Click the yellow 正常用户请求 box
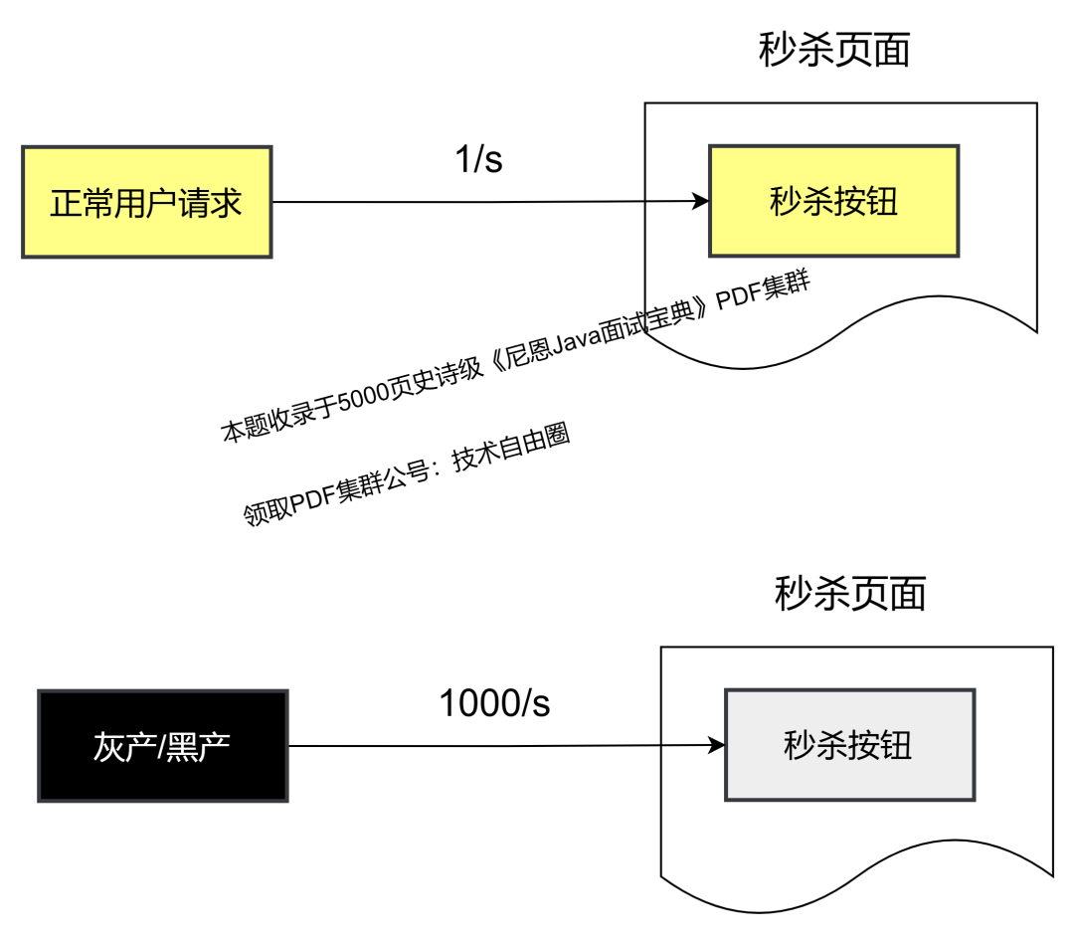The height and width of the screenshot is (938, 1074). [x=146, y=202]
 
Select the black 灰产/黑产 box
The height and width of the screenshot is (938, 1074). [x=162, y=746]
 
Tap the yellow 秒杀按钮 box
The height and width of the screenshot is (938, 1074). [x=833, y=201]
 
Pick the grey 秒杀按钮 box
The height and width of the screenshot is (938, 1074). [x=849, y=745]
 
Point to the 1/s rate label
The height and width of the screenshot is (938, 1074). [x=478, y=159]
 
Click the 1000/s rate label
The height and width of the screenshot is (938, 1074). [x=494, y=703]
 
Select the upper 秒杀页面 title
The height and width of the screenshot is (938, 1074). [x=834, y=50]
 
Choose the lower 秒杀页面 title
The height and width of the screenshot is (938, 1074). [x=850, y=594]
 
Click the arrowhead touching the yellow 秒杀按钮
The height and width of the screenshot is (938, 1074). [x=700, y=201]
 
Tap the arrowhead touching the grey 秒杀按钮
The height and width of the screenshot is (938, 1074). [x=716, y=745]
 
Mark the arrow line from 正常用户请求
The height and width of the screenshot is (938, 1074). [x=477, y=202]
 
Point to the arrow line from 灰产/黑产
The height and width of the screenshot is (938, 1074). [x=497, y=746]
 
